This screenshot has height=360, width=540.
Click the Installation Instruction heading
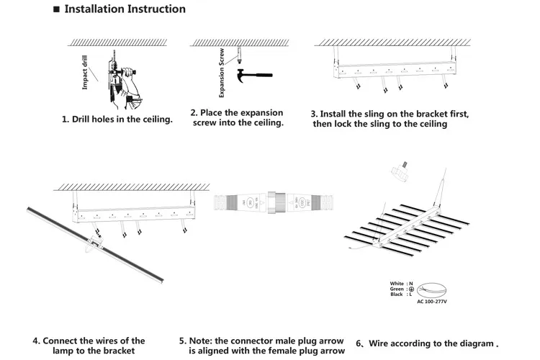pyautogui.click(x=125, y=10)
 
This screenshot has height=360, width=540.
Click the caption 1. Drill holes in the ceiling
pyautogui.click(x=117, y=120)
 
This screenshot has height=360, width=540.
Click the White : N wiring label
pyautogui.click(x=401, y=284)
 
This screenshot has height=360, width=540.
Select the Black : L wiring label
pyautogui.click(x=401, y=294)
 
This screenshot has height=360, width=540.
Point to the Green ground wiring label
pyautogui.click(x=401, y=289)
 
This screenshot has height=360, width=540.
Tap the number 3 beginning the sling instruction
pyautogui.click(x=314, y=114)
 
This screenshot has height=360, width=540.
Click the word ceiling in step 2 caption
pyautogui.click(x=266, y=123)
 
